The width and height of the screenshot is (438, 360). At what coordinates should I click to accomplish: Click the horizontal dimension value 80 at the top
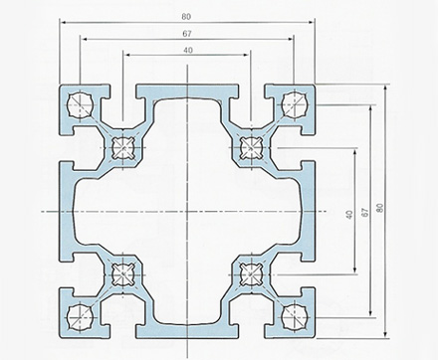(x=186, y=17)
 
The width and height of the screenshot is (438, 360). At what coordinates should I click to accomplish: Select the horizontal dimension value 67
(x=187, y=34)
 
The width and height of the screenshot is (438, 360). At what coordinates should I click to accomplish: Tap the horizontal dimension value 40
(x=188, y=50)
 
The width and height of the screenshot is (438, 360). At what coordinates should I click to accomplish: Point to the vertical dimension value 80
(x=380, y=208)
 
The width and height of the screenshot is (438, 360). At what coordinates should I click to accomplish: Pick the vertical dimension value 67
(x=364, y=212)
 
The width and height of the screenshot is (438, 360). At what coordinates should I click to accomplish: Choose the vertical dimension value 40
(x=349, y=214)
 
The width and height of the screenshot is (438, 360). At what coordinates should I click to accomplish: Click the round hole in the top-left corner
(x=80, y=105)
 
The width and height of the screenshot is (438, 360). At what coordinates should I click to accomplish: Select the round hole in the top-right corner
(x=295, y=104)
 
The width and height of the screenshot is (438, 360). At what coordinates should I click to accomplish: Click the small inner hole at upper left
(x=123, y=147)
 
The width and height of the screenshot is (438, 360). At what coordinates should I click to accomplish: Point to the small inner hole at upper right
(x=251, y=147)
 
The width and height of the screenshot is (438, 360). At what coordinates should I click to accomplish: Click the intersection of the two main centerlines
(x=187, y=211)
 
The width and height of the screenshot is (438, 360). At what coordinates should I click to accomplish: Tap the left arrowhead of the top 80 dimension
(x=63, y=23)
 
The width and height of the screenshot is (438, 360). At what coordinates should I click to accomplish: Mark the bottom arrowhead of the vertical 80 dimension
(x=385, y=335)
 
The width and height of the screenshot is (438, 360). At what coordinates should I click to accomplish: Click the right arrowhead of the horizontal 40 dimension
(x=246, y=55)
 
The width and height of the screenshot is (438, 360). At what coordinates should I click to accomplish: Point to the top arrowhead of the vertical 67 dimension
(x=370, y=108)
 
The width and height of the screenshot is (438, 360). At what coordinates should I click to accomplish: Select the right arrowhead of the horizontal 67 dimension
(x=291, y=39)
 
